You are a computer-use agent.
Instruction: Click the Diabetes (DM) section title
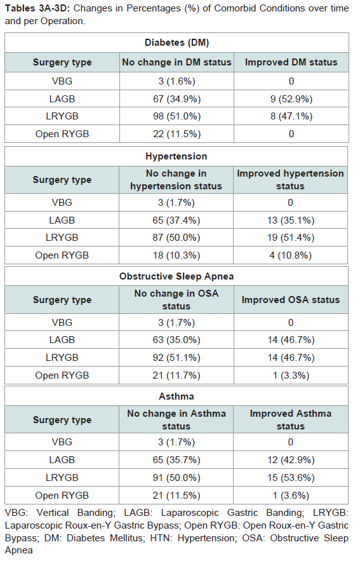(177, 43)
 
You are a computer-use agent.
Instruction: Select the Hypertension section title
(177, 156)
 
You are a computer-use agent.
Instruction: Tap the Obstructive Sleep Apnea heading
(177, 276)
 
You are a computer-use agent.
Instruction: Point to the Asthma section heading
(177, 396)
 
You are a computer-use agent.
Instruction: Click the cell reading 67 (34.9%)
(177, 98)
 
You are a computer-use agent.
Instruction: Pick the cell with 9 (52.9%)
(291, 98)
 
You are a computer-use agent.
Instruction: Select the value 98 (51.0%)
(177, 116)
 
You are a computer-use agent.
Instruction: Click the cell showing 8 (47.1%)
(291, 116)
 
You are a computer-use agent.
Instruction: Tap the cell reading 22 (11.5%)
(177, 134)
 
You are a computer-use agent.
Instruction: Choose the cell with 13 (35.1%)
(291, 220)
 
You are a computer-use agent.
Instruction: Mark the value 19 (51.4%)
(291, 238)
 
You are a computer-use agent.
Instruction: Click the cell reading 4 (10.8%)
(291, 255)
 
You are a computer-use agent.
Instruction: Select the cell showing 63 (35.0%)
(177, 339)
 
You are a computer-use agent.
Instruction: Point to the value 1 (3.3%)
(291, 375)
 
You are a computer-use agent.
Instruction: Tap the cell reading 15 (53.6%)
(291, 477)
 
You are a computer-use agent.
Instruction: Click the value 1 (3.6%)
(291, 495)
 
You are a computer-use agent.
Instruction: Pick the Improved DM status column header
(291, 62)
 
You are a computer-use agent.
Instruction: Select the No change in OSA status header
(177, 300)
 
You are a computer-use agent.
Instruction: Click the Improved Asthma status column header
(291, 420)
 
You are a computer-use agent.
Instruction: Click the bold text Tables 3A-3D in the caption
(37, 8)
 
